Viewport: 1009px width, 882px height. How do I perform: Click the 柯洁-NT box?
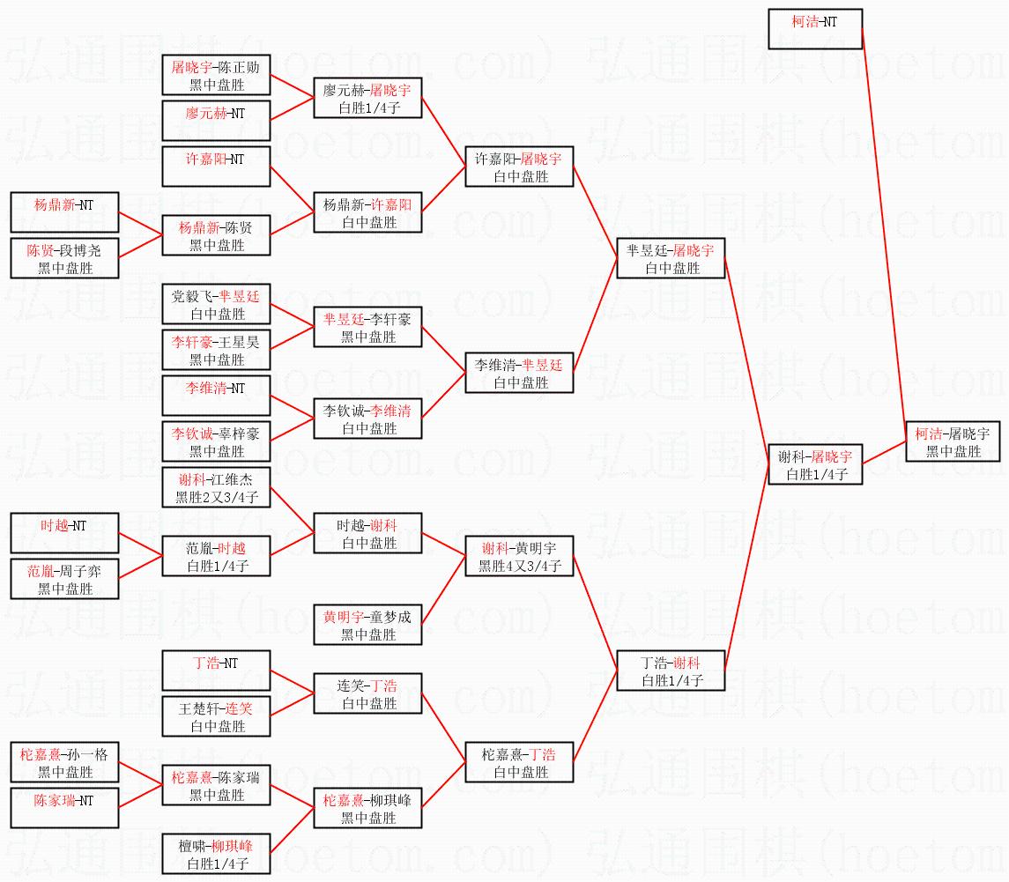click(814, 29)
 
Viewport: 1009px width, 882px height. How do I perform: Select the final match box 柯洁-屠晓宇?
click(953, 441)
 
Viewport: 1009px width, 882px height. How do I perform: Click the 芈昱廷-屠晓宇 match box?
click(670, 258)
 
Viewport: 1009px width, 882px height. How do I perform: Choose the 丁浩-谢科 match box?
click(670, 671)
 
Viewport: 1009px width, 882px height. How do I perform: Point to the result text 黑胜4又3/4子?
click(520, 567)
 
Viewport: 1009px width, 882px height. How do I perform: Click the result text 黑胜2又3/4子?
click(217, 498)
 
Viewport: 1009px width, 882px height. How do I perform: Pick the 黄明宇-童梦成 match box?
click(367, 625)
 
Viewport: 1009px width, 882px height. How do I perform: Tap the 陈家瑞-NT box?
click(64, 808)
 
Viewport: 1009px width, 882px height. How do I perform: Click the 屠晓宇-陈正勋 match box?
click(216, 75)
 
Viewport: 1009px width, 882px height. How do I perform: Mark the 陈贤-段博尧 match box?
click(64, 258)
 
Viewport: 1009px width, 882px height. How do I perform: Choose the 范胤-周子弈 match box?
click(64, 579)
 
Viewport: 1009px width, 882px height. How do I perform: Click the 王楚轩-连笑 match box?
click(216, 716)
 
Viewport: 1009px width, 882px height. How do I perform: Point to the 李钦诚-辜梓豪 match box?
click(216, 441)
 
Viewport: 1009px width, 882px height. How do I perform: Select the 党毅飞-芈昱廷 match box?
click(216, 304)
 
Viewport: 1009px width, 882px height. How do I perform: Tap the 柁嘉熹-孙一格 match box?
click(64, 762)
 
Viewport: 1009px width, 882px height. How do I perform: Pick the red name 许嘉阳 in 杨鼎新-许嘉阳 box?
click(390, 204)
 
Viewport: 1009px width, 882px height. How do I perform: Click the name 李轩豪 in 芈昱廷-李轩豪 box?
click(392, 319)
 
